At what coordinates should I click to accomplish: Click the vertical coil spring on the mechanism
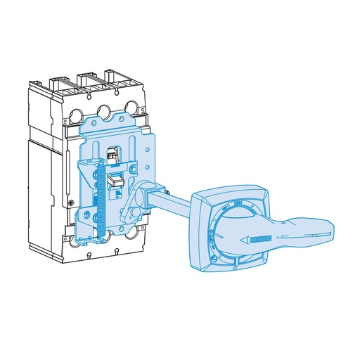100,201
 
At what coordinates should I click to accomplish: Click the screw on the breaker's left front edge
72,202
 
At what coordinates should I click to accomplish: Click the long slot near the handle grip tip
314,233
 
